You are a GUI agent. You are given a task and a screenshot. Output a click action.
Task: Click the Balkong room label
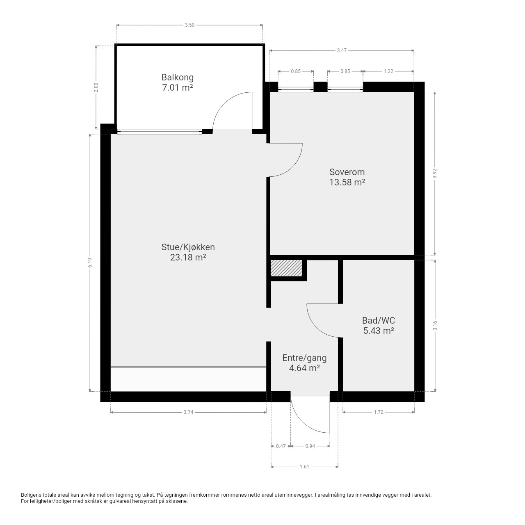point(177,78)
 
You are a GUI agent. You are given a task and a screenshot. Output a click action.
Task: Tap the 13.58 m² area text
point(347,182)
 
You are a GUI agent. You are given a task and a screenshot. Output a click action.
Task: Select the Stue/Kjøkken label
point(188,247)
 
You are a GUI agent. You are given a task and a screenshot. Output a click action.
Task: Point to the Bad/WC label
point(379,320)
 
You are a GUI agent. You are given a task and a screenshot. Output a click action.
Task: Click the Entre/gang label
point(304,358)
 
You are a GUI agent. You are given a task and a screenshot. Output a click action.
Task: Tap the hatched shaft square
point(286,268)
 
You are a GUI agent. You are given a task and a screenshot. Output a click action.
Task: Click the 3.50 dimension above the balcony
point(189,25)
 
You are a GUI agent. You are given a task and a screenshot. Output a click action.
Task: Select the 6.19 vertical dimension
point(90,262)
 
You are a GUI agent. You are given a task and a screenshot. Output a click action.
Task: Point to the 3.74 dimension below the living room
point(188,412)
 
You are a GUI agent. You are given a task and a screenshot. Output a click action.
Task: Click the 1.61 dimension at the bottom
point(304,467)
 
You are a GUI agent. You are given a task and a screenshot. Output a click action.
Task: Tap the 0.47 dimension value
point(281,446)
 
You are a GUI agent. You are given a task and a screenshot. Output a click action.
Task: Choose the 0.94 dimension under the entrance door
point(310,446)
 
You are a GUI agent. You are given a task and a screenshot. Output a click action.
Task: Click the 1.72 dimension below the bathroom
point(379,412)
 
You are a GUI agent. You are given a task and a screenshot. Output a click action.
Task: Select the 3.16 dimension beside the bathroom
point(435,326)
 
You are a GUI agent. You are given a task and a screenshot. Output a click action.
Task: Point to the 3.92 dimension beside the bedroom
point(435,173)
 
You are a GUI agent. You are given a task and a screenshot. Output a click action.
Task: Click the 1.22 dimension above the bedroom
point(388,71)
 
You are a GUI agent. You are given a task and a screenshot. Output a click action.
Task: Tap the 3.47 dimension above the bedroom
point(342,50)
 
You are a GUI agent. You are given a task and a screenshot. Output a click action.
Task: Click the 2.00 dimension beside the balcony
point(96,87)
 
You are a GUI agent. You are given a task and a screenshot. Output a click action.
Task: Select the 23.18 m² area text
point(188,257)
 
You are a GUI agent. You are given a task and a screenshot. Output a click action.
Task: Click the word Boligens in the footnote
point(31,495)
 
